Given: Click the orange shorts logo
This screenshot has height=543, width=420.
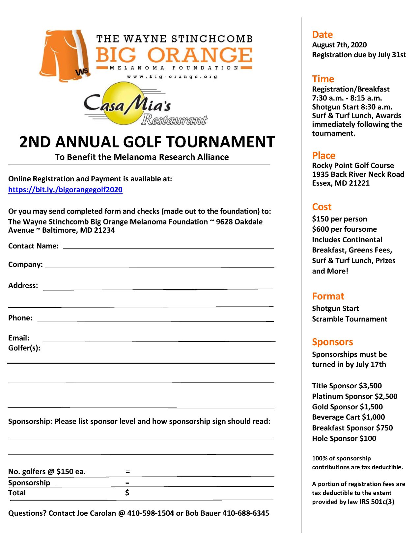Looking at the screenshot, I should pos(65,55).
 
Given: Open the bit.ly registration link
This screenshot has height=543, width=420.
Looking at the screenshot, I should pos(65,190).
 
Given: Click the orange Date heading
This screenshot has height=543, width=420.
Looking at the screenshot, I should pos(322,35).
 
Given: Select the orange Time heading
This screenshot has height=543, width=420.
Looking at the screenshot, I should pos(323,79).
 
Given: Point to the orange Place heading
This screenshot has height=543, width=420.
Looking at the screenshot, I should pos(323,155).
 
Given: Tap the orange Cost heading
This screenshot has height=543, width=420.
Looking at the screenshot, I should pos(322,207).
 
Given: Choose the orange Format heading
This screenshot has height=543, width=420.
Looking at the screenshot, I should pos(328,296).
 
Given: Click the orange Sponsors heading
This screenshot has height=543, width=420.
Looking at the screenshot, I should pos(332,342).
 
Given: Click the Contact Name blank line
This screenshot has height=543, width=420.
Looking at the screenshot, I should pos(168,248).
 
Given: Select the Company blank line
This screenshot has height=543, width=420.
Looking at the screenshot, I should pos(159,267).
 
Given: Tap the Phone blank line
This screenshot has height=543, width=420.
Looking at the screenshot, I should pos(155,320).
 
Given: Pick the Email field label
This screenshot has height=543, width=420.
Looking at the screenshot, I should pos(19,338).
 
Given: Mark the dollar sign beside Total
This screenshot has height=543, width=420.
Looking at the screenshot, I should pos(127,493).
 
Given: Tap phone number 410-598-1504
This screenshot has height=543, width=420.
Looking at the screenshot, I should pos(151,513).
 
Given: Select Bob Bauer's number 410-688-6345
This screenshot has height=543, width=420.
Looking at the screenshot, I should pos(246,513).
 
